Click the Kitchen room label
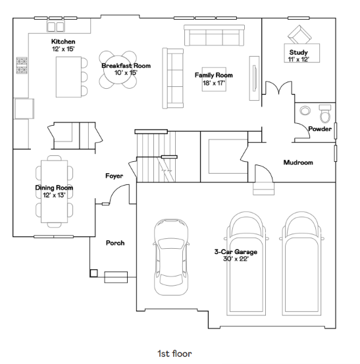tap(63, 41)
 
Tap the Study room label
tap(299, 52)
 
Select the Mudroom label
tap(298, 163)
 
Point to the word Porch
tap(115, 243)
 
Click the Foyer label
tap(115, 176)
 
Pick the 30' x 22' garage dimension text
tap(236, 259)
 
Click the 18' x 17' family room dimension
tap(214, 83)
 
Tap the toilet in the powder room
tap(325, 114)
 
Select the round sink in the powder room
tap(305, 111)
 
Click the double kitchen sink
tap(56, 26)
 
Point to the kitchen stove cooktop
tap(22, 65)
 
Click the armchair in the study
tap(299, 35)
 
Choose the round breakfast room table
tap(118, 69)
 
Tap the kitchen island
tap(68, 77)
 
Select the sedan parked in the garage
tap(171, 257)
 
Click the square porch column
tap(93, 273)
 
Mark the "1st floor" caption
tap(174, 353)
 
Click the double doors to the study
tap(279, 88)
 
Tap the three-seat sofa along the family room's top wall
tap(215, 36)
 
